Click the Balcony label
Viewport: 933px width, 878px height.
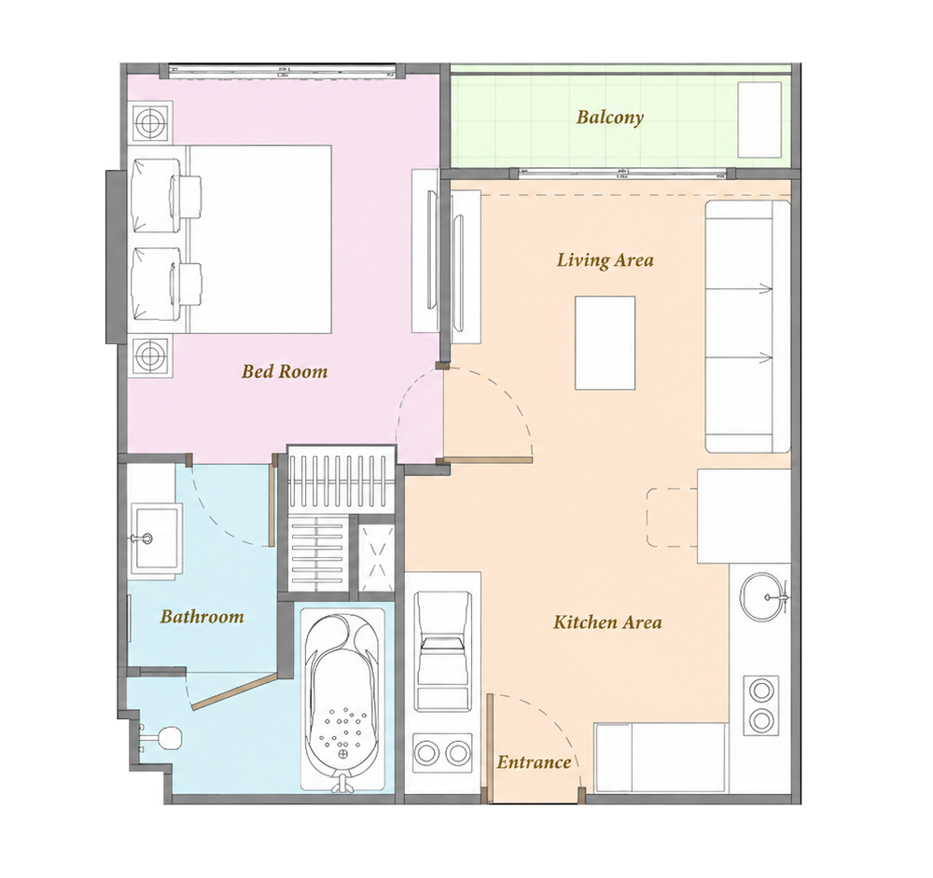click(x=610, y=117)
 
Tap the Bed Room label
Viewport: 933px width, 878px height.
click(x=285, y=371)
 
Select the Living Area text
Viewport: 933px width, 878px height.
click(x=606, y=260)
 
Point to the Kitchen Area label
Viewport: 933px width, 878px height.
click(x=607, y=622)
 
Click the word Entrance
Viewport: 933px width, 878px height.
click(x=534, y=762)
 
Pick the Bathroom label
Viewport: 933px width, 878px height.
click(x=202, y=616)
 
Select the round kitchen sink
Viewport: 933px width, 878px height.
click(x=764, y=597)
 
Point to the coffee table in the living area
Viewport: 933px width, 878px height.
click(x=606, y=342)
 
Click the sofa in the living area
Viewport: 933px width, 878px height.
click(x=747, y=327)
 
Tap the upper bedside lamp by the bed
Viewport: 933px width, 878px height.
click(x=148, y=122)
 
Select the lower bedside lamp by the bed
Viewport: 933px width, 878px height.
click(x=148, y=355)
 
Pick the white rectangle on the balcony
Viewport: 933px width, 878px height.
click(x=759, y=119)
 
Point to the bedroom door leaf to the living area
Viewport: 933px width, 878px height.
click(x=488, y=460)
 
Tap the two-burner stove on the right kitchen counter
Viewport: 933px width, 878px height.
click(x=761, y=706)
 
